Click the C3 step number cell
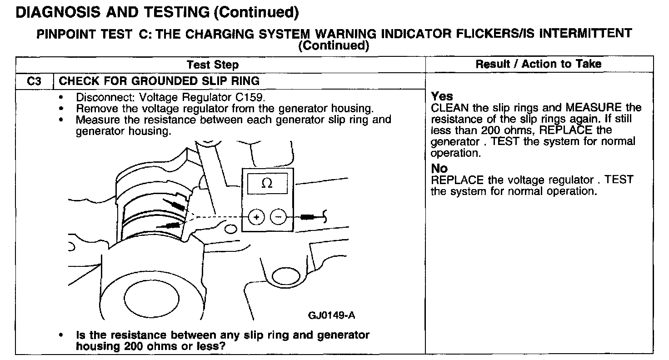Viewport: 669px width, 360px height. [x=34, y=81]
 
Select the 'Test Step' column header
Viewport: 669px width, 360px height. [x=213, y=65]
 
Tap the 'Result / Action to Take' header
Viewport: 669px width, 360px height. [x=539, y=64]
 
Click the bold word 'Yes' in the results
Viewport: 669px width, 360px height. [x=442, y=96]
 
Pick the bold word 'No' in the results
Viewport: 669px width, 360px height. [x=439, y=169]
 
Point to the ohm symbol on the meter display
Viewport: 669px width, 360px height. [x=268, y=184]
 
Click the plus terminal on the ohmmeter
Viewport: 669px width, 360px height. [x=257, y=217]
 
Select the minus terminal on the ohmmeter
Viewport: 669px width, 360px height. [x=278, y=217]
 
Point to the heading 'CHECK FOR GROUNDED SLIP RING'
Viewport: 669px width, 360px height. [x=159, y=81]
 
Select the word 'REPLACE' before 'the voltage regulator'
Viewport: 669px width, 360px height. [x=457, y=180]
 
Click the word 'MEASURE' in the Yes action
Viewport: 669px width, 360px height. [x=593, y=108]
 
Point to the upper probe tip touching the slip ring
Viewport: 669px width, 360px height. [x=177, y=205]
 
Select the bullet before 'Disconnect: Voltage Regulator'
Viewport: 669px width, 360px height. [x=61, y=98]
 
